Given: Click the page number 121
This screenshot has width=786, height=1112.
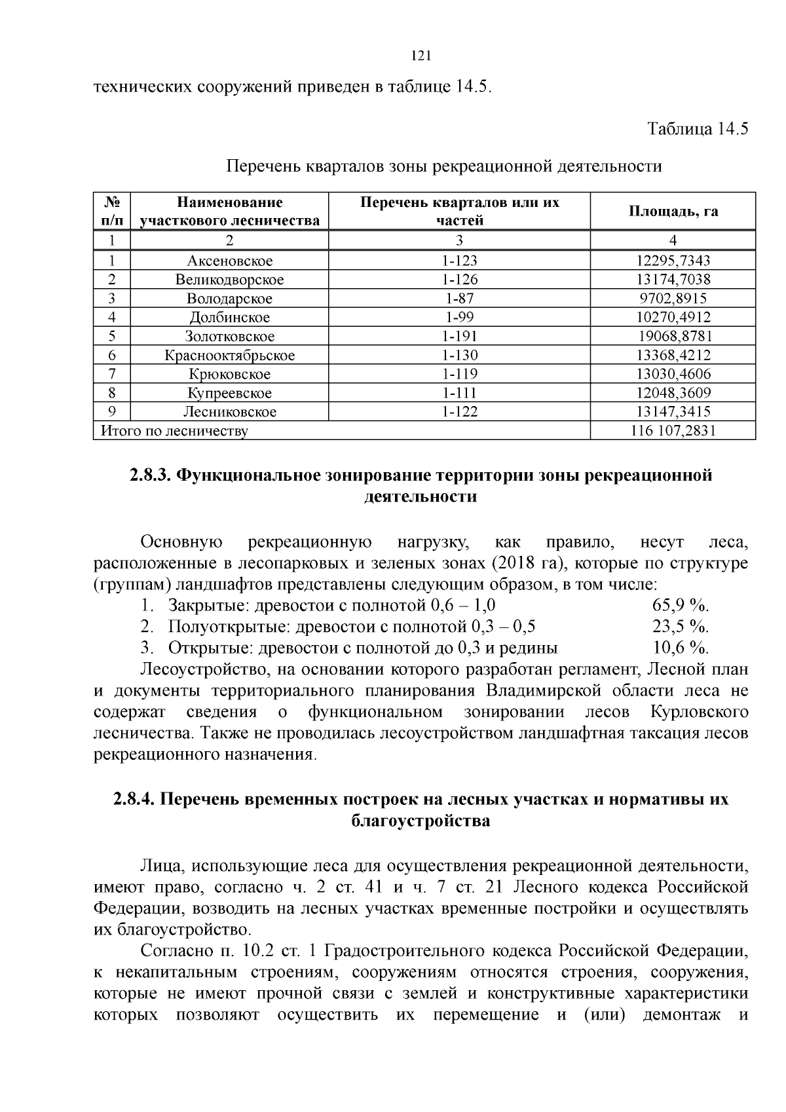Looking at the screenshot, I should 421,56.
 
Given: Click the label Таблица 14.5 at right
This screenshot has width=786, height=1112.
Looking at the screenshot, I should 698,128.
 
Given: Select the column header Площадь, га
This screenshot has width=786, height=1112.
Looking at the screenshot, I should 673,211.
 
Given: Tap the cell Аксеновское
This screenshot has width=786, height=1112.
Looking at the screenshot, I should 229,261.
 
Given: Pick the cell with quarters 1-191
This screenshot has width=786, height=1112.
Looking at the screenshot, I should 460,337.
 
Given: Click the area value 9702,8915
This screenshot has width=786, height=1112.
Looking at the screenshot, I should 673,299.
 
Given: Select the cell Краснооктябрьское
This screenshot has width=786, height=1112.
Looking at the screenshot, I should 229,356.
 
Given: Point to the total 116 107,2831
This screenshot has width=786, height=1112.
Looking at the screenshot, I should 673,430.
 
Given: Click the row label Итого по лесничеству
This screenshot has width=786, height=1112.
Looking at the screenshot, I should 174,431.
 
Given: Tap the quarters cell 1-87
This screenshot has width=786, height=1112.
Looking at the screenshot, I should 460,299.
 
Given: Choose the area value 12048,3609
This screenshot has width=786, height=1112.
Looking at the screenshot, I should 673,393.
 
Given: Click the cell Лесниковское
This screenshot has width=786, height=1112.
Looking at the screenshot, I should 229,412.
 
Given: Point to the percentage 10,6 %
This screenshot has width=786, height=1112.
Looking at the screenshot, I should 681,648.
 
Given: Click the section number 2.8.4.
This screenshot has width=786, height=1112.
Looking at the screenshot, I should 134,800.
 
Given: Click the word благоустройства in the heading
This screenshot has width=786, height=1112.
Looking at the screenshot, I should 421,821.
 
